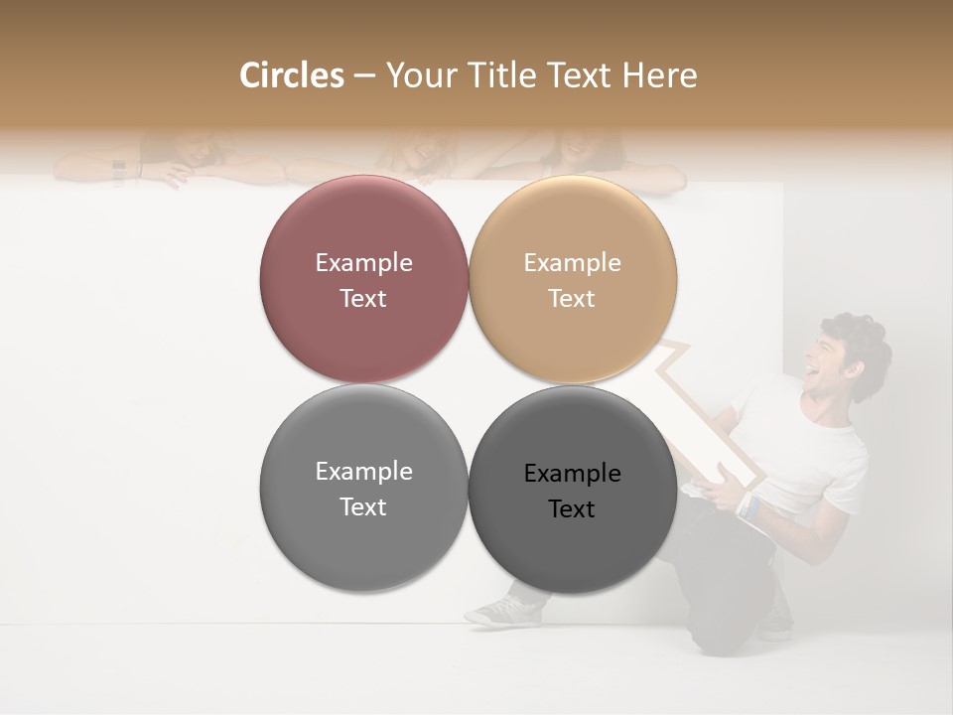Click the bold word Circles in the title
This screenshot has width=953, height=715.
coord(291,75)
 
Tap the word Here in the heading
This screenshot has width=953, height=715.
coord(659,75)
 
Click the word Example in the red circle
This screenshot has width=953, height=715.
coord(363,262)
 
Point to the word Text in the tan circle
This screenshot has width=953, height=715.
coord(572,299)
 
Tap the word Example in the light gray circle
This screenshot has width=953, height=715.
coord(363,471)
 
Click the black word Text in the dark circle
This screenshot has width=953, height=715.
coord(572,509)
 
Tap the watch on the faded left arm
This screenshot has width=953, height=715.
coord(119,171)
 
